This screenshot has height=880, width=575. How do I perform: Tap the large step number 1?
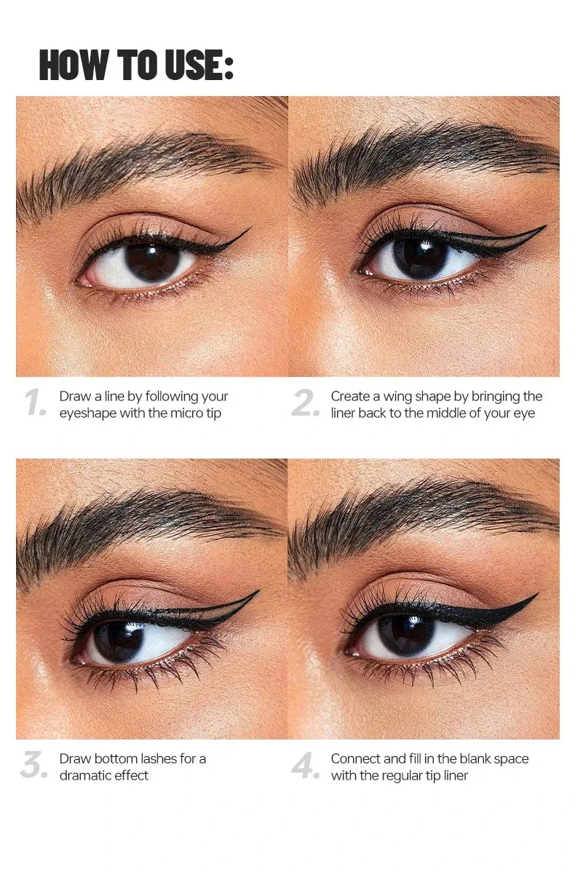[35, 403]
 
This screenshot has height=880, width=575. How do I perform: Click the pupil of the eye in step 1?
[152, 261]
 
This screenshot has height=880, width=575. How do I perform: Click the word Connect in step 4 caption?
[356, 758]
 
